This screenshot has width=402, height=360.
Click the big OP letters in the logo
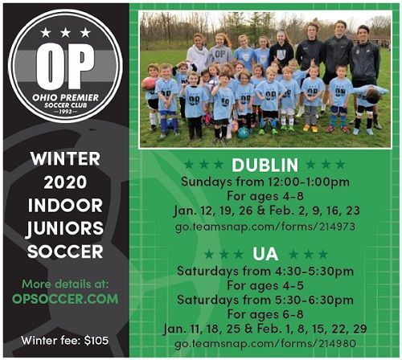pyautogui.click(x=65, y=66)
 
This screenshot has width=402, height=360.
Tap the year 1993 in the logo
pyautogui.click(x=65, y=111)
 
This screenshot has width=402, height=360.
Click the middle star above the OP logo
pyautogui.click(x=65, y=33)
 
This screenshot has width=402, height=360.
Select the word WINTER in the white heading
pyautogui.click(x=65, y=159)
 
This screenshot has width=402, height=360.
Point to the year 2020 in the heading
pyautogui.click(x=65, y=182)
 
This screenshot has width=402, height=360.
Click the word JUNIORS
pyautogui.click(x=65, y=229)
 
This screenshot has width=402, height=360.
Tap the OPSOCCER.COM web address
pyautogui.click(x=65, y=299)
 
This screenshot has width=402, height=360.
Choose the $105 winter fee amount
pyautogui.click(x=96, y=341)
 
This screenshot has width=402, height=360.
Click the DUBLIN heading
pyautogui.click(x=265, y=165)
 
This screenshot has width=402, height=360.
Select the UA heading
pyautogui.click(x=265, y=254)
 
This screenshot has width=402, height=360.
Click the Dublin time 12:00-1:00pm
pyautogui.click(x=309, y=182)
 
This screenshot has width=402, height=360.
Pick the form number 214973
pyautogui.click(x=337, y=227)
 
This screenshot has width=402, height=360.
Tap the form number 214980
pyautogui.click(x=338, y=343)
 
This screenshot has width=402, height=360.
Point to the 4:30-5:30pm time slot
pyautogui.click(x=314, y=271)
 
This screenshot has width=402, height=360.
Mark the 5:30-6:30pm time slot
pyautogui.click(x=314, y=300)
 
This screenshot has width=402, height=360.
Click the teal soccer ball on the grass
pyautogui.click(x=243, y=133)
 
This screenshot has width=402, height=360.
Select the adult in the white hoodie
pyautogui.click(x=198, y=53)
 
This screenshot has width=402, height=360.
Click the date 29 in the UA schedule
pyautogui.click(x=359, y=329)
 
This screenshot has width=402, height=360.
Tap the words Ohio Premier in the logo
pyautogui.click(x=65, y=97)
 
